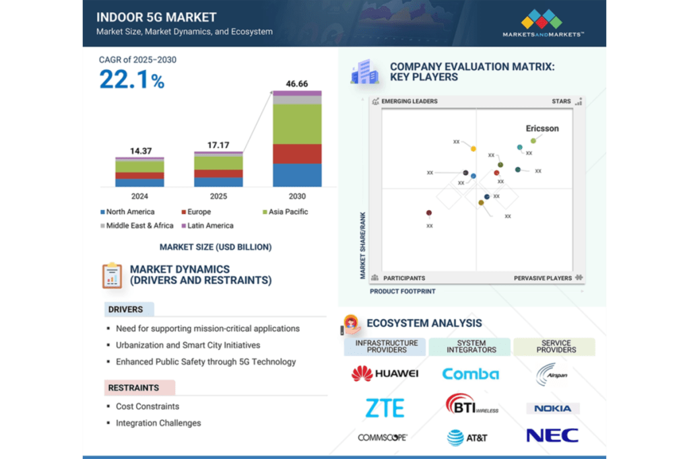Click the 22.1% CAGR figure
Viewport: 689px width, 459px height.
click(x=132, y=80)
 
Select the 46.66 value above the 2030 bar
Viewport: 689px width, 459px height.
click(x=296, y=83)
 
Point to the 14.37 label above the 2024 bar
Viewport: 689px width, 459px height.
click(x=140, y=151)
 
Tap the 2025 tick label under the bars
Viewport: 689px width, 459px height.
click(x=218, y=197)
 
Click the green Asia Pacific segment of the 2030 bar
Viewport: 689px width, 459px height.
click(x=297, y=124)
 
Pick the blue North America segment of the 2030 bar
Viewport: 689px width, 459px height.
click(x=297, y=175)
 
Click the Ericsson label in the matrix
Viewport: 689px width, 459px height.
click(x=542, y=129)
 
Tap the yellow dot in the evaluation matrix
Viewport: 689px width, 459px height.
click(x=473, y=148)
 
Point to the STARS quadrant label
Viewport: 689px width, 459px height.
click(x=561, y=102)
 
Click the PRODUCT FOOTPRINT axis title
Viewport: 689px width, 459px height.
click(x=403, y=291)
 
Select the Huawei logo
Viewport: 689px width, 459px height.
click(x=385, y=374)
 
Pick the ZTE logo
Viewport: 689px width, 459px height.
click(x=385, y=408)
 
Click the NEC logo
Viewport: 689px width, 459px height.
click(x=552, y=435)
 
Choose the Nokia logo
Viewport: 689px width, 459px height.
click(x=552, y=409)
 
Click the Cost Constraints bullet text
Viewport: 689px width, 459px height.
click(x=147, y=407)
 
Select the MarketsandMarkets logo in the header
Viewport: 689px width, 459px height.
click(x=543, y=23)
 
